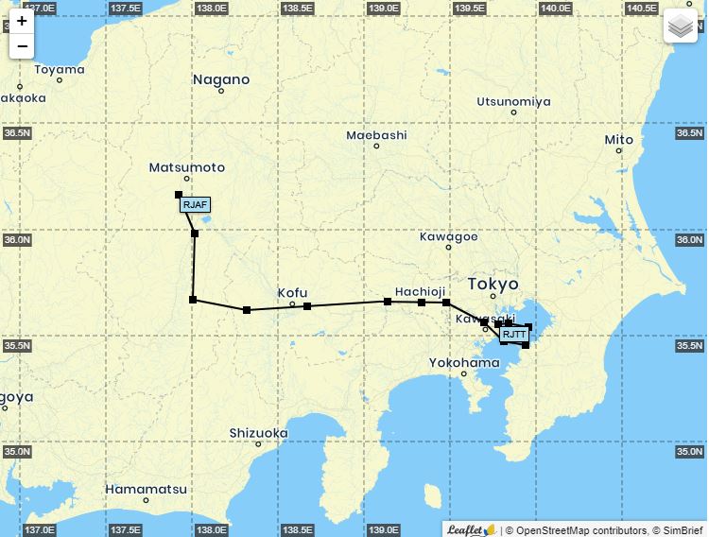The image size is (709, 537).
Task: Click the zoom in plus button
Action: point(22,21)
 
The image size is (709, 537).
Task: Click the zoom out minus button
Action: point(22,46)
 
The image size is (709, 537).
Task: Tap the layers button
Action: point(680,26)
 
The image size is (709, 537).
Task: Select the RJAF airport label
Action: point(195,204)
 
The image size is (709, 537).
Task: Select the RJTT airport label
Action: point(514,334)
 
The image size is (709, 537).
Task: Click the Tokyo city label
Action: point(493,284)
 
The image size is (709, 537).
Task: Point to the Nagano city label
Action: point(221,79)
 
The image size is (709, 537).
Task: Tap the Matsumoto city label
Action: point(187,167)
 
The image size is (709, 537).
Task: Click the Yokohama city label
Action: point(464,362)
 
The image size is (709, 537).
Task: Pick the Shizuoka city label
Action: point(258,433)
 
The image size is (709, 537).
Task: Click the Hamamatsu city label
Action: point(146,489)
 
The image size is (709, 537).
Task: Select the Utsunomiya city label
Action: point(513,101)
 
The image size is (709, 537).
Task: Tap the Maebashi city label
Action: point(376,135)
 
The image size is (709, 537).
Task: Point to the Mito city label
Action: point(619,140)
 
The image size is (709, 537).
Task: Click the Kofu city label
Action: point(292,293)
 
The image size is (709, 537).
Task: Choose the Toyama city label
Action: point(60,69)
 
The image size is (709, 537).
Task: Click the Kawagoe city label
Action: point(448,236)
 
